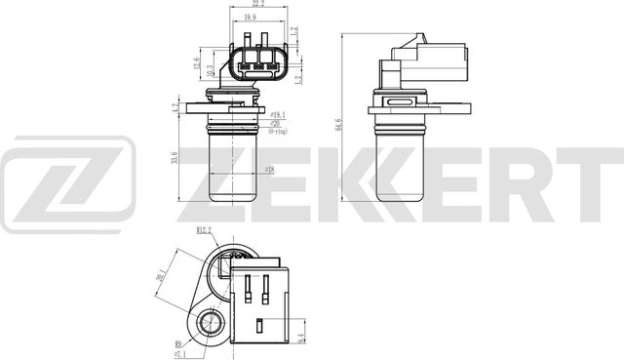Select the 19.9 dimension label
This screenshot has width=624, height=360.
pos(252,18)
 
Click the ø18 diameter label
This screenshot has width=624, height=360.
pos(269,170)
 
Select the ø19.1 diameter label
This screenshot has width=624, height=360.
pos(278,112)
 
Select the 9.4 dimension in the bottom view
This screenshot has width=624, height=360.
pos(300,338)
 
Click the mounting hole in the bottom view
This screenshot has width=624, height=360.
pos(210,323)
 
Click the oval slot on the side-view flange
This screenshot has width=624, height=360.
pos(402,100)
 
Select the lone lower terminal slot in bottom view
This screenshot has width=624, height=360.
pos(259,328)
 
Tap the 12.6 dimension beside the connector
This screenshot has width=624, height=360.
pos(199,65)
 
